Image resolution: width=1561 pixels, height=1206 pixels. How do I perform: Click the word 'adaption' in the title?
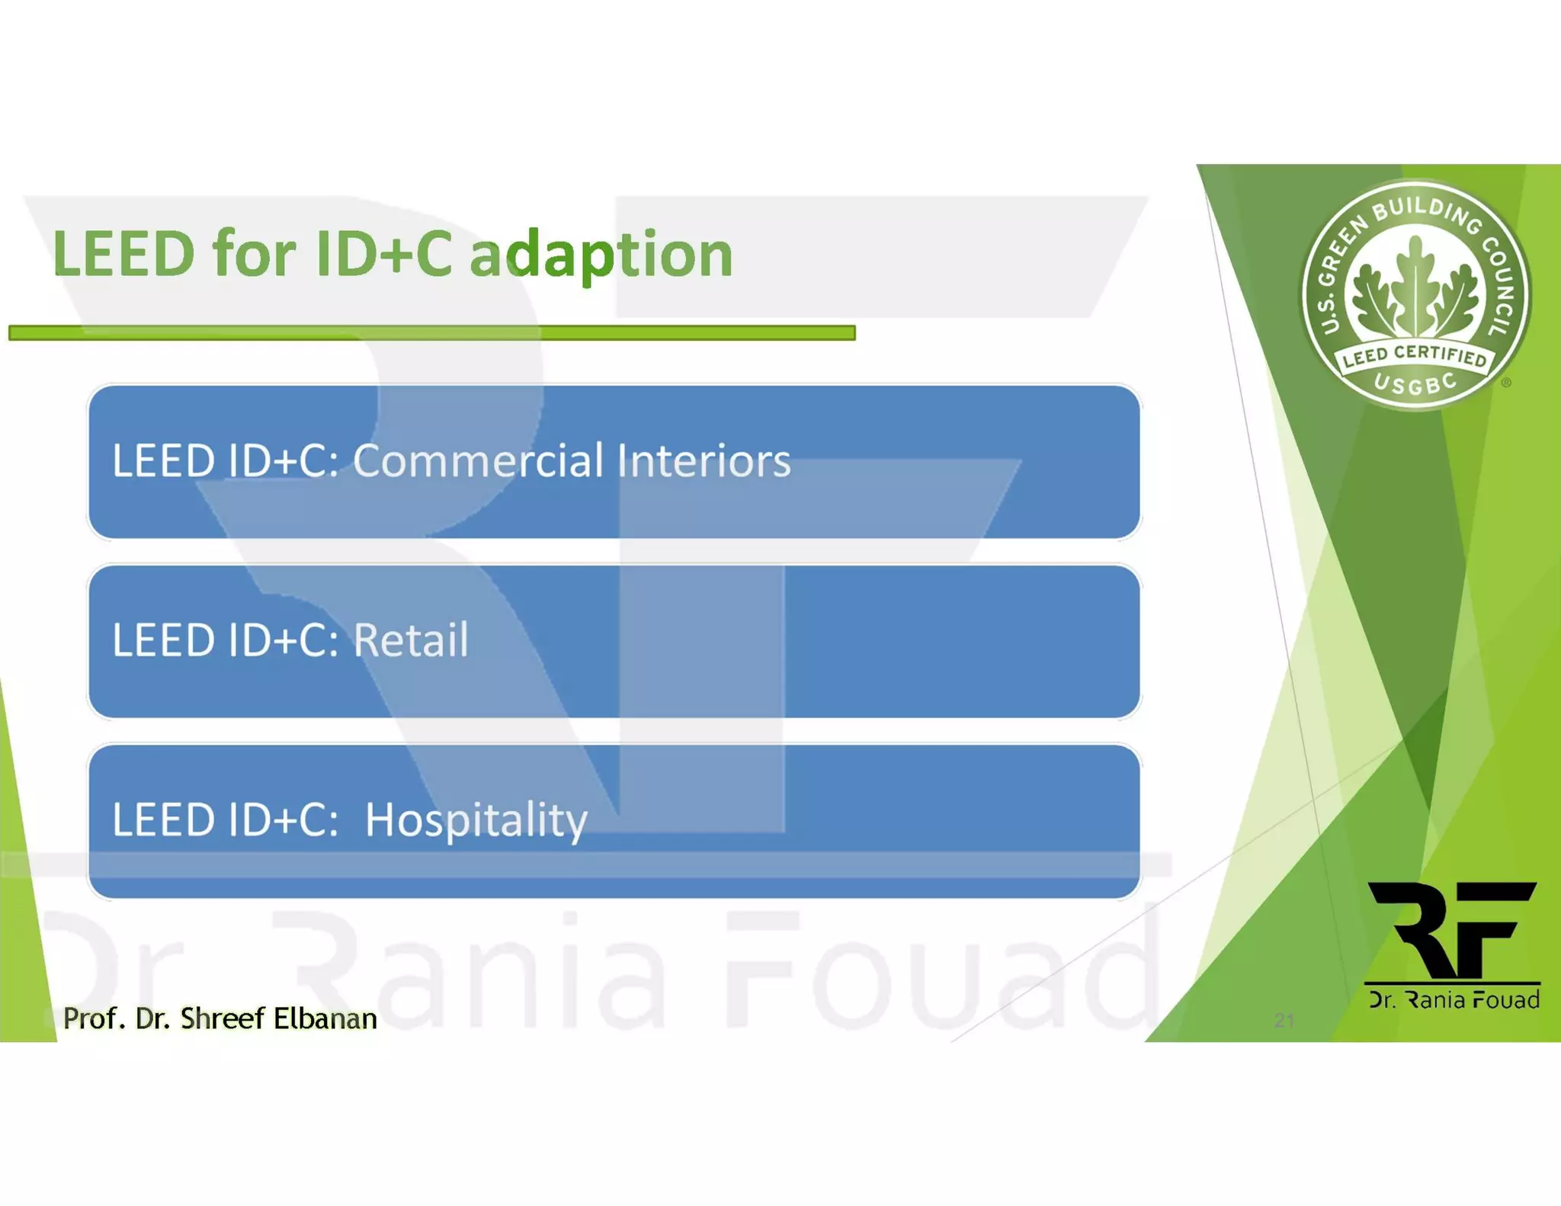coord(601,255)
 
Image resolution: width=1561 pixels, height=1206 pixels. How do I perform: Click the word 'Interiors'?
coord(704,460)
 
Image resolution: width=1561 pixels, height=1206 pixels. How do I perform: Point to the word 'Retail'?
coord(410,640)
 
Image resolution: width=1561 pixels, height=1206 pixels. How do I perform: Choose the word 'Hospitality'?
coord(476,820)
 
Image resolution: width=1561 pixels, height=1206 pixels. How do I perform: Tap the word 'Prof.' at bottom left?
coord(94,1018)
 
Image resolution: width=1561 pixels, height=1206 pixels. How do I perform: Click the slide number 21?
coord(1284,1021)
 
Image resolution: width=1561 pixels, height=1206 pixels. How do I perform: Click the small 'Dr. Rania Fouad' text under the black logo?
coord(1454,999)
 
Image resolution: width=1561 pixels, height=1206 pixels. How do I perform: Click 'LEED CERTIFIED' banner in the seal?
coord(1415,355)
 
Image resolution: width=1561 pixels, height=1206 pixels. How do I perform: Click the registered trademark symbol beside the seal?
coord(1506,383)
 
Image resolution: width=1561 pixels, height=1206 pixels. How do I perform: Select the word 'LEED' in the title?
coord(123,255)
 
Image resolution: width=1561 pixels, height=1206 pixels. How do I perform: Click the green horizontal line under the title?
coord(431,332)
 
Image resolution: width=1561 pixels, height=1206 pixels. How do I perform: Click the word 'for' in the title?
coord(254,255)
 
